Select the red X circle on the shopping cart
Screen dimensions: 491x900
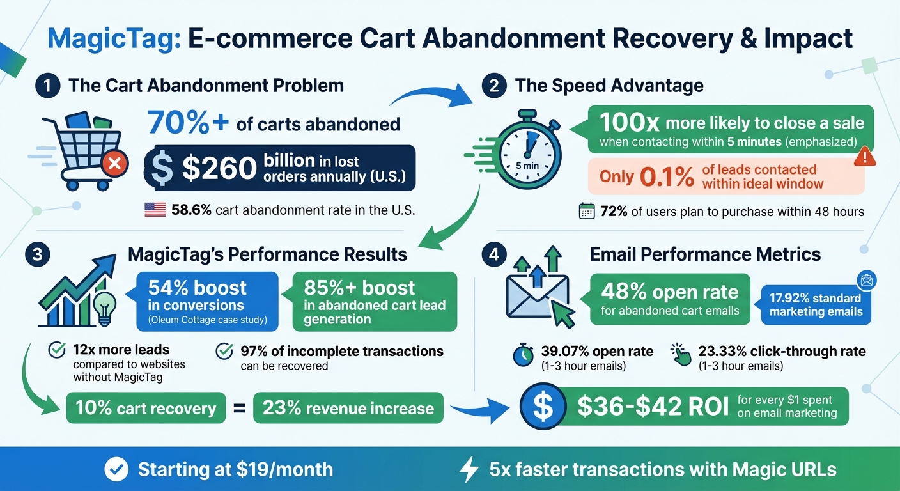click(x=115, y=164)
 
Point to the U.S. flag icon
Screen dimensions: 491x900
click(x=155, y=210)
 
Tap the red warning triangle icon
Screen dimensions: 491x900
click(x=864, y=156)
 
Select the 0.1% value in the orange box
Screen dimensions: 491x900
click(x=667, y=177)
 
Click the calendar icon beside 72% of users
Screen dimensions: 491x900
click(x=587, y=212)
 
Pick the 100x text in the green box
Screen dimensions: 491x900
click(x=629, y=123)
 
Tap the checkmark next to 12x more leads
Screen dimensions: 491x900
click(x=58, y=350)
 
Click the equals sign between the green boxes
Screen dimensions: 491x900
click(x=239, y=408)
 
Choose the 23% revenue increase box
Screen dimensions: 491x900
click(x=348, y=409)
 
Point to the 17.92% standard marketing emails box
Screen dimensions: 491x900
click(x=816, y=305)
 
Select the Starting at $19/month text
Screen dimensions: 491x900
click(x=235, y=469)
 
